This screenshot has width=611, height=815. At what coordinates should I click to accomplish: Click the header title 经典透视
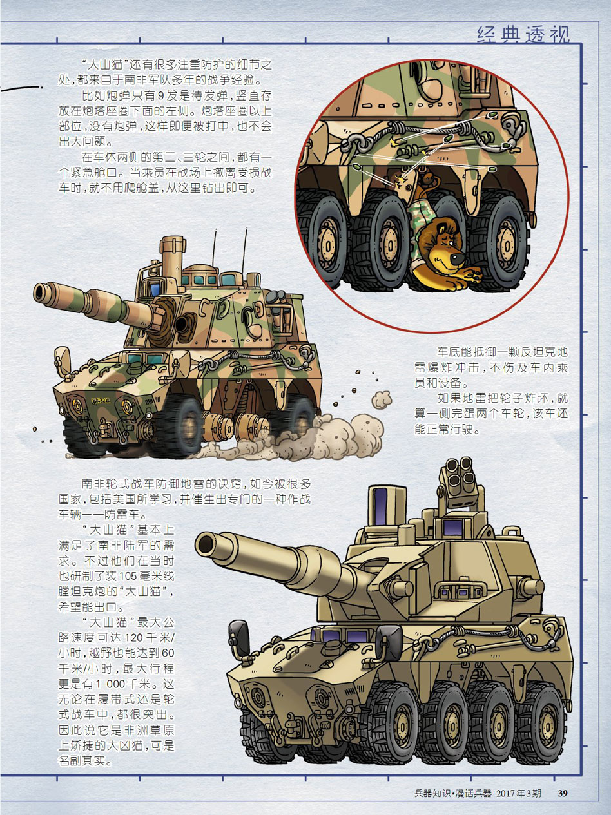(x=523, y=35)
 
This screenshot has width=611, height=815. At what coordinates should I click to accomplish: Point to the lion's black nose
(x=458, y=257)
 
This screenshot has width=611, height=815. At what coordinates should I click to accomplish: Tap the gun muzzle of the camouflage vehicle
(x=42, y=292)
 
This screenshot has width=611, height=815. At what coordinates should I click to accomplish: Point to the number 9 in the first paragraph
(x=160, y=95)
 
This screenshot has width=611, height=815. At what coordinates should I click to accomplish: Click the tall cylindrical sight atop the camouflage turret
(x=172, y=256)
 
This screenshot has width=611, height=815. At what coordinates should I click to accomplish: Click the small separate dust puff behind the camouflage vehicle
(x=381, y=399)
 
